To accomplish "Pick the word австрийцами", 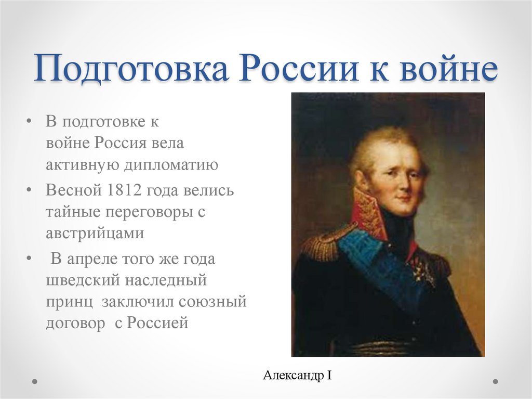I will [x=94, y=234].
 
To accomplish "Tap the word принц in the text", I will [x=70, y=302].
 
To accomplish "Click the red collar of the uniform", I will [x=368, y=213].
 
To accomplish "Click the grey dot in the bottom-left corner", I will [x=35, y=381].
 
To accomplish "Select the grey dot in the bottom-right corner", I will [x=495, y=381].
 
